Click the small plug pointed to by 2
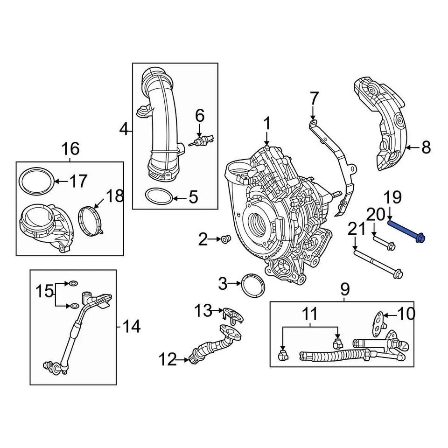click(x=227, y=240)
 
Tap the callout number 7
click(x=313, y=99)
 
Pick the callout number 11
click(x=309, y=315)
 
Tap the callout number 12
click(x=168, y=359)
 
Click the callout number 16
click(x=70, y=149)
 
